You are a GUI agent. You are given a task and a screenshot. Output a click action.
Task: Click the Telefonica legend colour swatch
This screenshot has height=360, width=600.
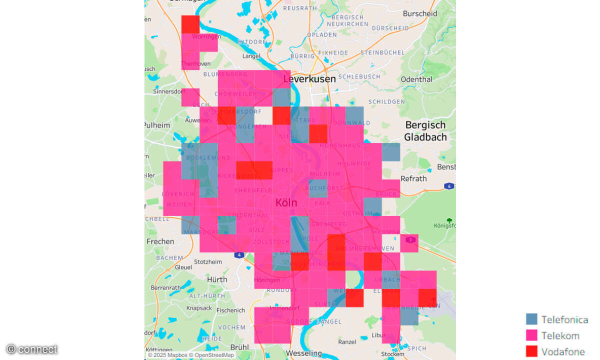coord(531,319)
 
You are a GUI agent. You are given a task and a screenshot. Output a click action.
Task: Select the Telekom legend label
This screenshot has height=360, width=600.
coord(560,335)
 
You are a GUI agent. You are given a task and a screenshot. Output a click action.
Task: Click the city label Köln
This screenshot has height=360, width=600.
coord(286,203)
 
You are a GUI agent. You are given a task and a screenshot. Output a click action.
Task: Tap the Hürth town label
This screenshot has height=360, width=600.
coord(217,279)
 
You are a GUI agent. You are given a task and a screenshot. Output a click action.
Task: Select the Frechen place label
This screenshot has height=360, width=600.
coord(160,241)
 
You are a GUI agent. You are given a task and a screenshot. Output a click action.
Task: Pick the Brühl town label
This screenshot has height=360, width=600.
coord(239,347)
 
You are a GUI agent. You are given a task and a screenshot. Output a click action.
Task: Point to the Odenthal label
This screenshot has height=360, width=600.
coord(416,79)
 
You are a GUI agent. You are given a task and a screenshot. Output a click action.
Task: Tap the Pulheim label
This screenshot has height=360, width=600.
coord(157,125)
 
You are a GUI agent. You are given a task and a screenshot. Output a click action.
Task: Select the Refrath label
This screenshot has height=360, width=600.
coord(413,178)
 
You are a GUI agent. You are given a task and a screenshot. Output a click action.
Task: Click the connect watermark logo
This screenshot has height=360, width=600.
coord(31,349)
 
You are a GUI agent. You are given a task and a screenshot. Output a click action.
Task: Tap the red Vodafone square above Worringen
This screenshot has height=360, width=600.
coord(190,24)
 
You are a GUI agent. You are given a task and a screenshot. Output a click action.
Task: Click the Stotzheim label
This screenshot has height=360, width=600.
coord(207,261)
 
